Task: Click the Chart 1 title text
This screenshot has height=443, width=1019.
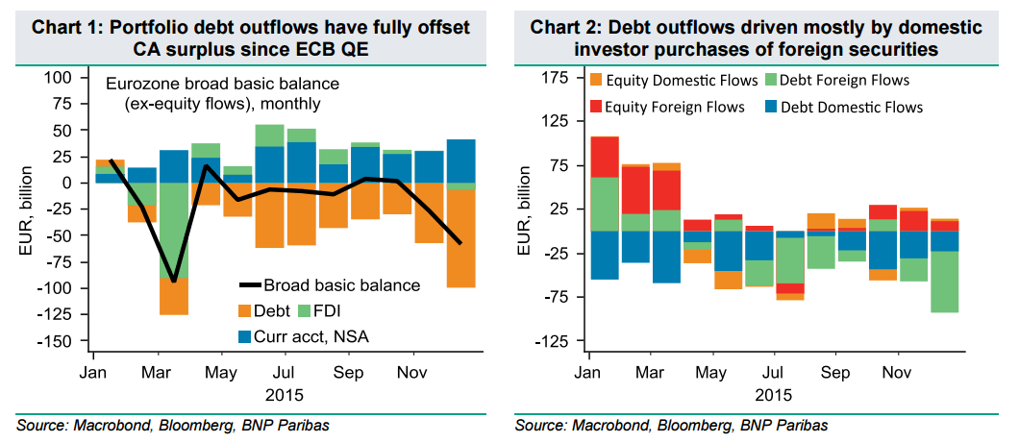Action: (251, 37)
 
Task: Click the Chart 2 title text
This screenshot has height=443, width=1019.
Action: (758, 37)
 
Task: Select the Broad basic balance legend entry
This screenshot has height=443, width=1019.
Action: (329, 284)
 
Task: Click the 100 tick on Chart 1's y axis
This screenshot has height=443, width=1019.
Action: (60, 77)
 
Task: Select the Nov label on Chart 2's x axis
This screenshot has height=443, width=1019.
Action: (897, 371)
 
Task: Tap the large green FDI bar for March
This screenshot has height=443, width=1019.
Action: (174, 231)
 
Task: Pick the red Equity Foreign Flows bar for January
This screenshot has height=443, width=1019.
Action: (604, 157)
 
